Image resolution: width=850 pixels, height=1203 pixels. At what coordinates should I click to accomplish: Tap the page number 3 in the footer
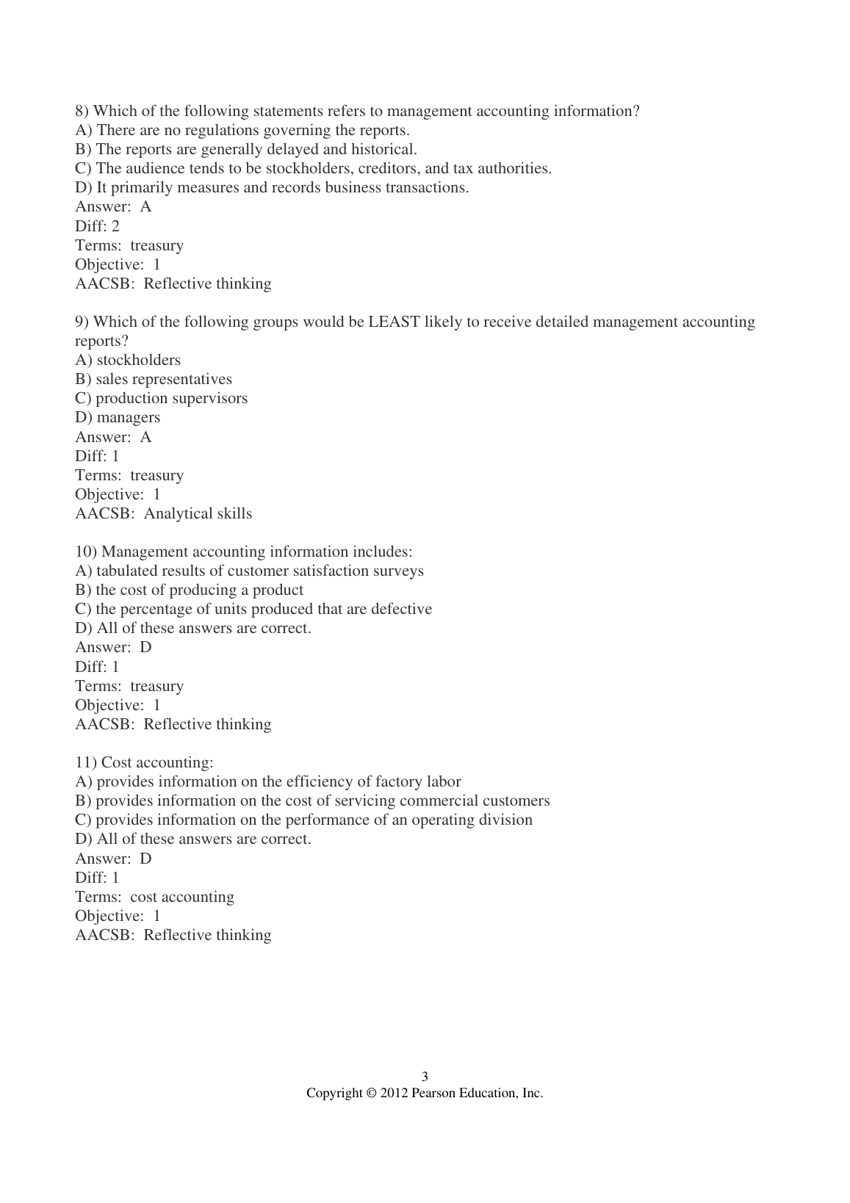pyautogui.click(x=425, y=1077)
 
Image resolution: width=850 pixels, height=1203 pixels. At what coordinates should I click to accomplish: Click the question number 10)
pyautogui.click(x=86, y=552)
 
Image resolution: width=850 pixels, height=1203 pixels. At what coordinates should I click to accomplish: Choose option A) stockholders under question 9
pyautogui.click(x=128, y=360)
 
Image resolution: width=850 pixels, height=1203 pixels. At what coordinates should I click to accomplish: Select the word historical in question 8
pyautogui.click(x=383, y=149)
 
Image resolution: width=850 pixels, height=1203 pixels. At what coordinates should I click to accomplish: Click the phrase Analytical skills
pyautogui.click(x=198, y=513)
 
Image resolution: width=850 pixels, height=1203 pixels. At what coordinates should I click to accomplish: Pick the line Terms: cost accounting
pyautogui.click(x=154, y=897)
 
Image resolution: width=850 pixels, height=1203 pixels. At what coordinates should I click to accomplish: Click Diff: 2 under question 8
pyautogui.click(x=97, y=226)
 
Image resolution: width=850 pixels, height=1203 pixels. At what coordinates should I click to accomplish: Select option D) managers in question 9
pyautogui.click(x=118, y=417)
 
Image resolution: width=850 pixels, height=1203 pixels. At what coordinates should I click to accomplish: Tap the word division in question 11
pyautogui.click(x=506, y=820)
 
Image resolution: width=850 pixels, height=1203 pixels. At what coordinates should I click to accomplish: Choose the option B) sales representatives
pyautogui.click(x=154, y=379)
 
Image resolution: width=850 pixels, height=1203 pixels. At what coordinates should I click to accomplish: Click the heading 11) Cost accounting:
pyautogui.click(x=144, y=762)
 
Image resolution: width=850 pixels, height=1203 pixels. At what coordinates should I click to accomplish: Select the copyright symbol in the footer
pyautogui.click(x=371, y=1093)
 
